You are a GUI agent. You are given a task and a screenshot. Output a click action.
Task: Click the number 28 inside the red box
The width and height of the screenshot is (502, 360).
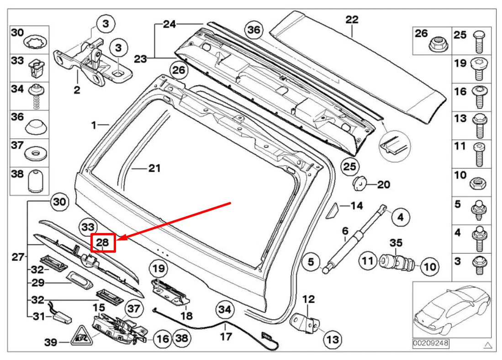pos(103,243)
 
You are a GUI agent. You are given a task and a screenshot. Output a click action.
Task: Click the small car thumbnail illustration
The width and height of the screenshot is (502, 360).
pos(452,311)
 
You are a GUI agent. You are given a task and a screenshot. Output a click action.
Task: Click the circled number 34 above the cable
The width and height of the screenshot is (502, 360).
pos(224,310)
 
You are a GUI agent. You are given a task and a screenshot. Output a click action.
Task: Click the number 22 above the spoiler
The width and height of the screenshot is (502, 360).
pos(352,20)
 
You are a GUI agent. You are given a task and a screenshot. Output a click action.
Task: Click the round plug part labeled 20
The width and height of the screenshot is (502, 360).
pos(360,184)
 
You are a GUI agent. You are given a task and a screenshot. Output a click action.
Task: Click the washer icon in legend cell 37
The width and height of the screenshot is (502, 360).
pos(35,152)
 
